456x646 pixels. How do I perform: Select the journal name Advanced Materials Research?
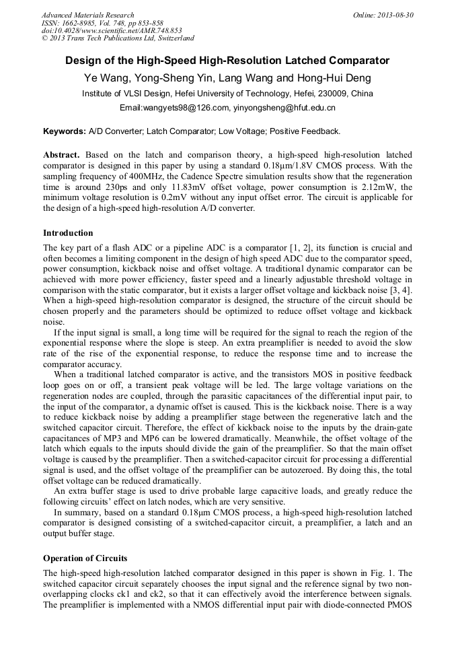coord(87,15)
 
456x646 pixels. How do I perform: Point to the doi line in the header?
coord(112,30)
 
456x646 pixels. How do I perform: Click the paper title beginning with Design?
coord(227,61)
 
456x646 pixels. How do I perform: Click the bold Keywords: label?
coord(65,131)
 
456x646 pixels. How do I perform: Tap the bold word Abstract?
coord(62,155)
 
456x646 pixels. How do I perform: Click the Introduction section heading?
coord(68,233)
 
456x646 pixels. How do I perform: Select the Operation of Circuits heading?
coord(85,558)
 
